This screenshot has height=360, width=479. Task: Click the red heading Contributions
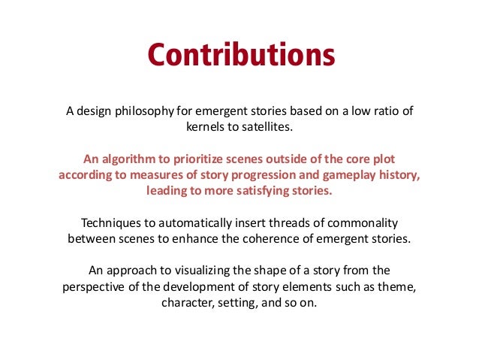pyautogui.click(x=239, y=56)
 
